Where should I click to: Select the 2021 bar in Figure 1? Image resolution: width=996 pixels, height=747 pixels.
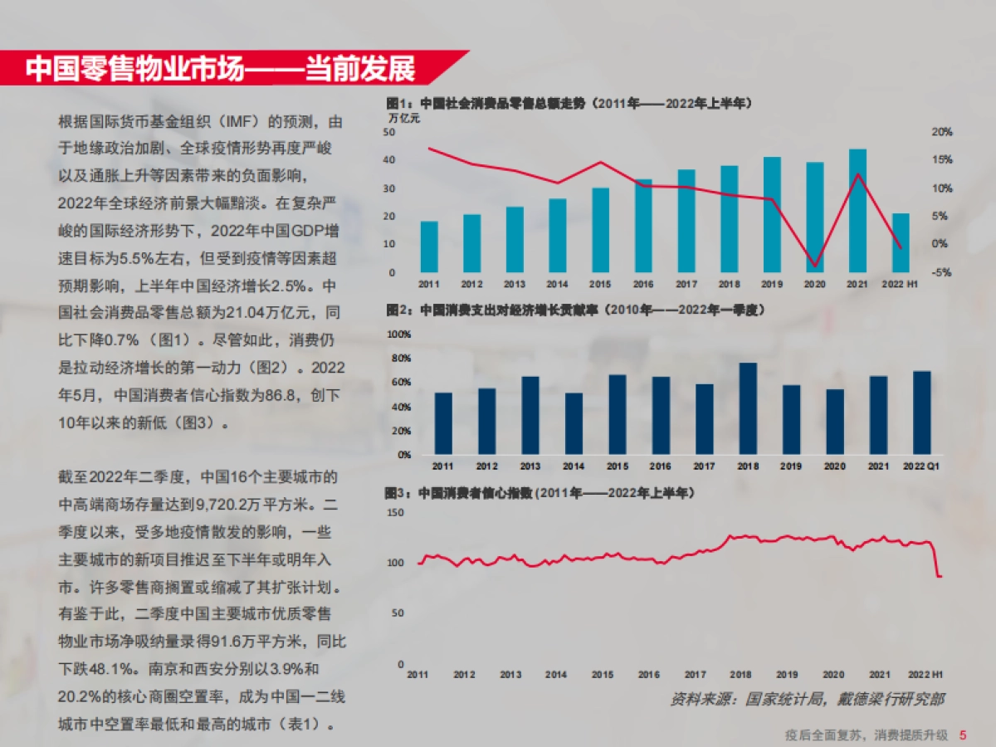point(857,211)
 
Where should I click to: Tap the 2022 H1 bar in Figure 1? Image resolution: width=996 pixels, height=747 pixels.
point(901,242)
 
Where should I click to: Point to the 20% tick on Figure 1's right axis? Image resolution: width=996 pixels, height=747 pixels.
point(940,132)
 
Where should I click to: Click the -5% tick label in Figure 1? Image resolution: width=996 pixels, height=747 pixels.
point(940,272)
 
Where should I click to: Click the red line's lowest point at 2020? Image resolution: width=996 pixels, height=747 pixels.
point(815,266)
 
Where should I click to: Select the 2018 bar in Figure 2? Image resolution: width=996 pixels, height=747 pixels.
point(748,408)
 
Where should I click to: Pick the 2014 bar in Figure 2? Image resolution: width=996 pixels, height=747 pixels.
point(574,423)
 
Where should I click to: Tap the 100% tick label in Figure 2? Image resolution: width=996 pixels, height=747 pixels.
point(399,334)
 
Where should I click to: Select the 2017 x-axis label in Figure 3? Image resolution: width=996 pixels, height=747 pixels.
point(696,675)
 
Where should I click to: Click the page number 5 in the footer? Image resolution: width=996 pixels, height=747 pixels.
point(963,735)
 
